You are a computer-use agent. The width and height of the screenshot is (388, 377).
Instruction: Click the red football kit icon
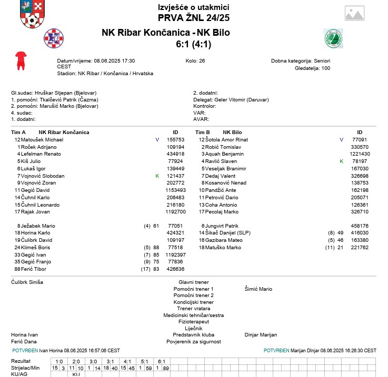[21, 60]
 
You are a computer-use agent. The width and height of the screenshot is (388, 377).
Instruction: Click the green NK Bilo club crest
[333, 38]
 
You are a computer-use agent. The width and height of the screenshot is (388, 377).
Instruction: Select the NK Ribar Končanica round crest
[53, 38]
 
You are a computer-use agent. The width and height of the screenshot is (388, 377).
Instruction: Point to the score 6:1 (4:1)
[193, 45]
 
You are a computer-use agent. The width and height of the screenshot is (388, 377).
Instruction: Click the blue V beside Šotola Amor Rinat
[341, 140]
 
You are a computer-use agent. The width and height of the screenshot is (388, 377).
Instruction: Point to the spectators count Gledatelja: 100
[312, 68]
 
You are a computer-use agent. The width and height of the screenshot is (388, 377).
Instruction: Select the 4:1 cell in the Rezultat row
[127, 362]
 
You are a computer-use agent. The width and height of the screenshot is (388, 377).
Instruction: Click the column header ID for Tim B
[360, 133]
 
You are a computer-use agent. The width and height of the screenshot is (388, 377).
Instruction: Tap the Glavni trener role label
[193, 282]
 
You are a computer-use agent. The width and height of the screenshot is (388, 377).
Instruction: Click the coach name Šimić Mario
[258, 289]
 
